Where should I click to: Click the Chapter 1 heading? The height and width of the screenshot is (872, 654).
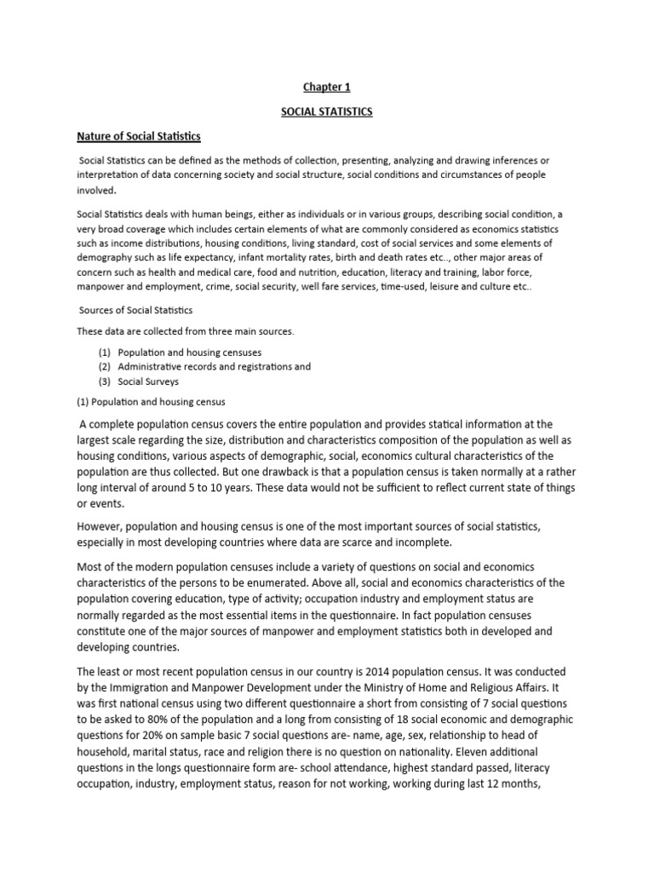(x=327, y=86)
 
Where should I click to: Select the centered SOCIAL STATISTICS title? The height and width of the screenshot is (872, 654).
(x=327, y=111)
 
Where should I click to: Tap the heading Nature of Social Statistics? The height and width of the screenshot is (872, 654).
(x=139, y=135)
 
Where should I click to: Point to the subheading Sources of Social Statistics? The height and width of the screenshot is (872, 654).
(x=135, y=309)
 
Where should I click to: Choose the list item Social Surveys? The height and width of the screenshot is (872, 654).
(x=148, y=381)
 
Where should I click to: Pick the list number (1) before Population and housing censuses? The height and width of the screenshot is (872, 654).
(x=105, y=352)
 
